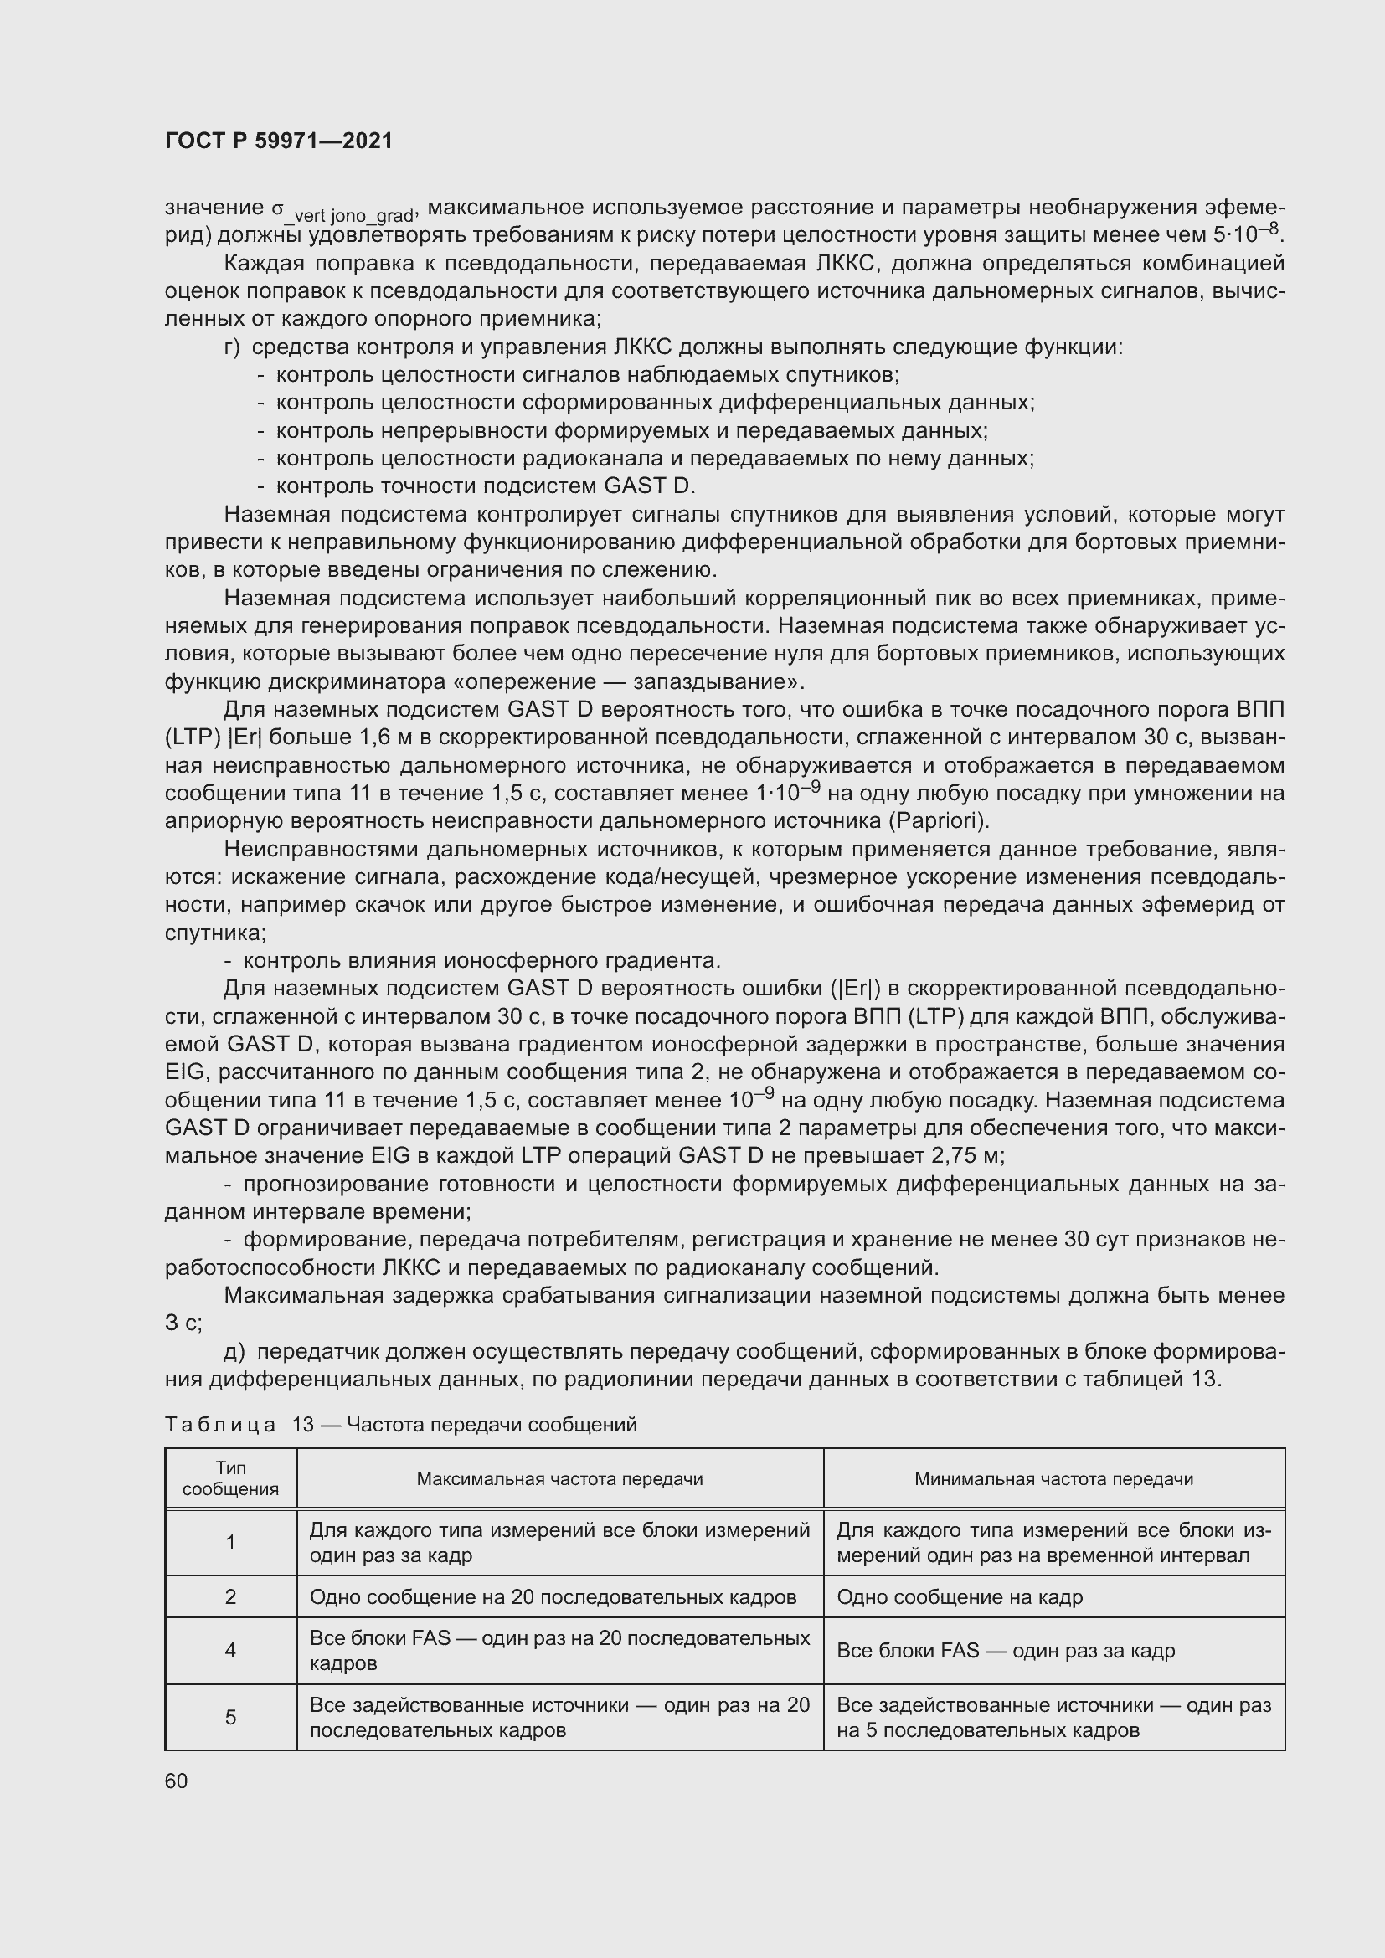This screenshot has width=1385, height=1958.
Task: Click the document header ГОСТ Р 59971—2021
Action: [x=279, y=141]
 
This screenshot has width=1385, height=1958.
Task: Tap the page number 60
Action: [x=177, y=1781]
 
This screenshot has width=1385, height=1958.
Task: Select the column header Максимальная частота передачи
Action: [x=559, y=1478]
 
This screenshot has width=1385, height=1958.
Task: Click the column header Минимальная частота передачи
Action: [x=1053, y=1478]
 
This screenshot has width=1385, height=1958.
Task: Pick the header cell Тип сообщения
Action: [x=230, y=1477]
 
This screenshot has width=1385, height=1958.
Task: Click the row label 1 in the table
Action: [x=230, y=1542]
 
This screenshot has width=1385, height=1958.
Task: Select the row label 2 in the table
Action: [x=230, y=1596]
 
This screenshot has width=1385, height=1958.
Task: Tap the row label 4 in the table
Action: [x=230, y=1650]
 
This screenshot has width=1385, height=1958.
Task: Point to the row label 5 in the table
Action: [x=230, y=1717]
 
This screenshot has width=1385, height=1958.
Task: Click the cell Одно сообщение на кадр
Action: [x=960, y=1596]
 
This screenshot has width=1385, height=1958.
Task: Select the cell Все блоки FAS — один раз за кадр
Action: [x=1006, y=1650]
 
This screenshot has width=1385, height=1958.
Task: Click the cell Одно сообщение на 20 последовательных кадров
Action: [x=553, y=1596]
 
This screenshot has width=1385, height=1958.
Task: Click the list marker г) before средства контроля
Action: [x=233, y=347]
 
